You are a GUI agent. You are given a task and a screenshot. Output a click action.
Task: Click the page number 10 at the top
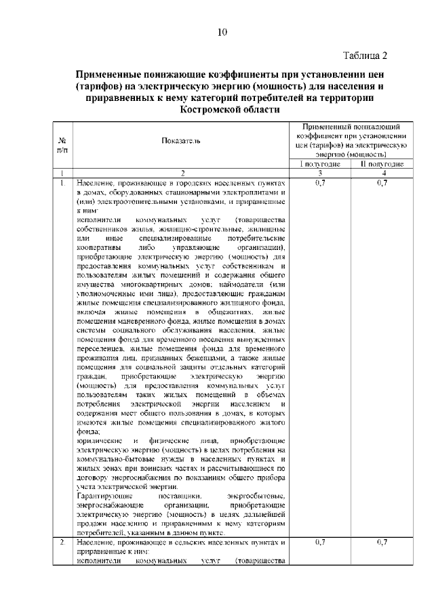[x=222, y=32]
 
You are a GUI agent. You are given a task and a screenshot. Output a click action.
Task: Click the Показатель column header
[x=180, y=140]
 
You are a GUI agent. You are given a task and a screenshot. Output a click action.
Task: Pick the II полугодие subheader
[x=382, y=164]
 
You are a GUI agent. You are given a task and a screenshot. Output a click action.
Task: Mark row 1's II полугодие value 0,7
[x=382, y=183]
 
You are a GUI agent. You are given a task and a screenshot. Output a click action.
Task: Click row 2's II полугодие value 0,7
[x=382, y=543]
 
